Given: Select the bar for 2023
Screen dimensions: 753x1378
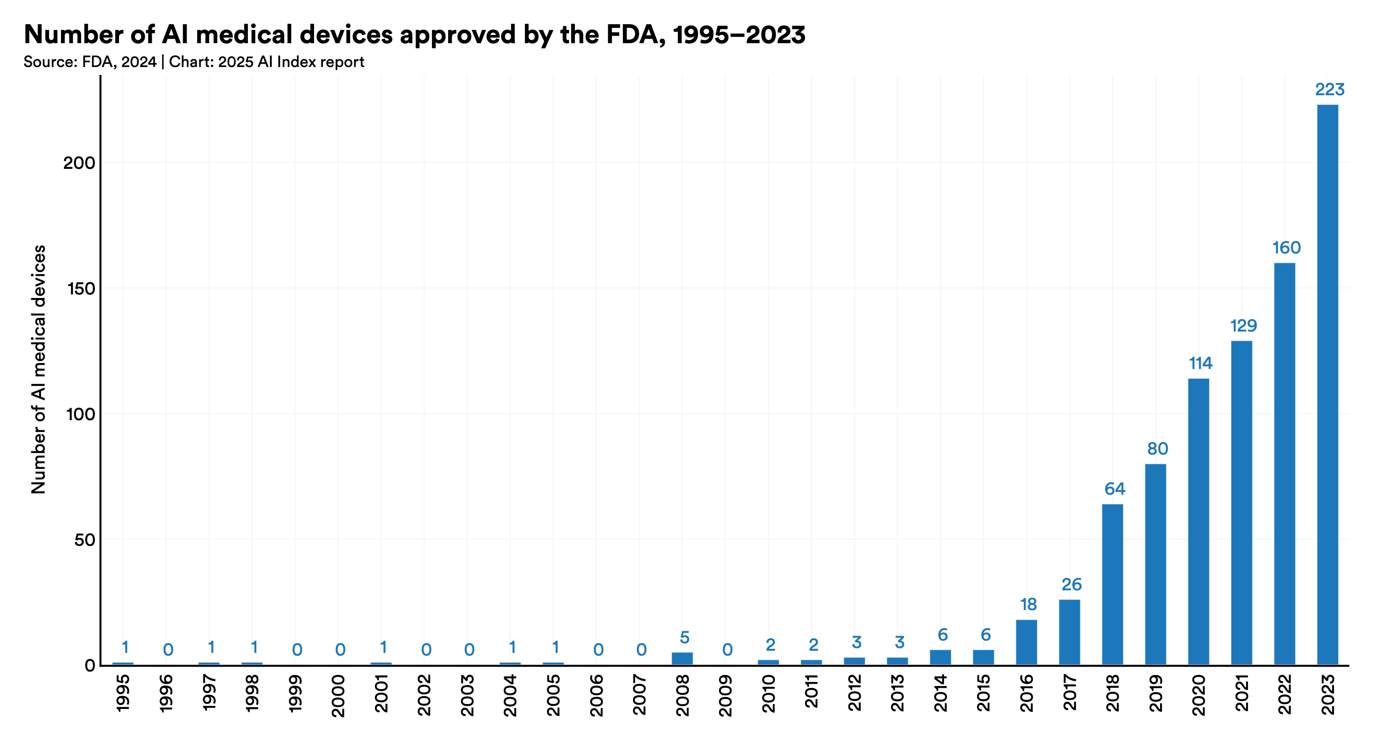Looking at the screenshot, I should [x=1327, y=384].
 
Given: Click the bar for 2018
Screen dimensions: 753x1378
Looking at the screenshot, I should [x=1112, y=584].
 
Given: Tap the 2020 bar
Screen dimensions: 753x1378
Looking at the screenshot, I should [x=1198, y=522].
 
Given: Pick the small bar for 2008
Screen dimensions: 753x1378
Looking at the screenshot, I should [x=682, y=658].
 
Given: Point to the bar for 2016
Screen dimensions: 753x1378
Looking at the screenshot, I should [x=1026, y=642].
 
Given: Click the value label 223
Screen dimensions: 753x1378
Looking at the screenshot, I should [x=1330, y=89].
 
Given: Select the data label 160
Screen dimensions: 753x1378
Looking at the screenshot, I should [x=1286, y=248].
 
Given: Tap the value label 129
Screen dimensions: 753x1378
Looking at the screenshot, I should [x=1243, y=326].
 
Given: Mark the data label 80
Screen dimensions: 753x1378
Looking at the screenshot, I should [x=1157, y=449].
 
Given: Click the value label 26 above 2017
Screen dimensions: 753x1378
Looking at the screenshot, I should [x=1071, y=585].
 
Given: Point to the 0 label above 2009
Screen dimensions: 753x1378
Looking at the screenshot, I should [x=727, y=650].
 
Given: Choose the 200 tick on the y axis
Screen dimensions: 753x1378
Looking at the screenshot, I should [x=79, y=163].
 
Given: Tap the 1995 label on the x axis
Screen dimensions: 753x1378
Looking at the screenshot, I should [x=123, y=693].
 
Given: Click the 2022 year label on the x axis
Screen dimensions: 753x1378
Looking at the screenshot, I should [x=1284, y=694].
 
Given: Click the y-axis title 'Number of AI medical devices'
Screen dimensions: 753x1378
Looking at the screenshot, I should [x=38, y=369].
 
